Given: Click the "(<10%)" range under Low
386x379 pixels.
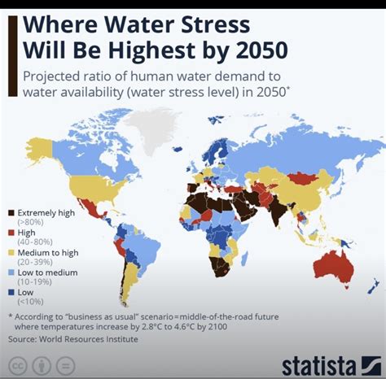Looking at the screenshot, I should tap(30, 300).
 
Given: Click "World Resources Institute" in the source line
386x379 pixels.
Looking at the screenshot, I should tap(95, 338).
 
